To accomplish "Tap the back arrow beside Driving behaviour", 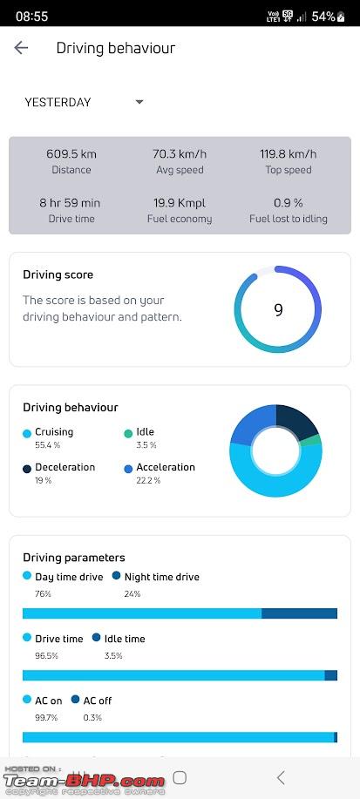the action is pyautogui.click(x=21, y=48).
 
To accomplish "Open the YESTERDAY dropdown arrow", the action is pyautogui.click(x=139, y=102).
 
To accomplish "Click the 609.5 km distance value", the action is pyautogui.click(x=71, y=154).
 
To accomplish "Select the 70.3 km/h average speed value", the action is pyautogui.click(x=180, y=154).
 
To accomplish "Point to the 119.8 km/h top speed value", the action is pyautogui.click(x=289, y=154).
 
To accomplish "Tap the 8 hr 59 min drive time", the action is pyautogui.click(x=70, y=203).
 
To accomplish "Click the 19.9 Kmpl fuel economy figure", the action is pyautogui.click(x=180, y=203).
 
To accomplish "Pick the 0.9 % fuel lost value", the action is pyautogui.click(x=289, y=203).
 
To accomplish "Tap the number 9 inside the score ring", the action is pyautogui.click(x=278, y=310).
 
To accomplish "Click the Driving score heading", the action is pyautogui.click(x=58, y=274).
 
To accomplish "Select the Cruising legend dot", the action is pyautogui.click(x=27, y=434).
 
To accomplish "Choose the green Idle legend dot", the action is pyautogui.click(x=128, y=434).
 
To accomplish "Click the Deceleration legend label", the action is pyautogui.click(x=65, y=467).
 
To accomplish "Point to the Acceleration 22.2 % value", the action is pyautogui.click(x=148, y=480).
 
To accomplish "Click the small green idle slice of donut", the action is pyautogui.click(x=317, y=440).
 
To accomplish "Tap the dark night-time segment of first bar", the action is pyautogui.click(x=299, y=613).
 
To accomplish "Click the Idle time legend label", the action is pyautogui.click(x=125, y=639).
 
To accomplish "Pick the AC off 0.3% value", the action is pyautogui.click(x=92, y=717).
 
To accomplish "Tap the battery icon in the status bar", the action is pyautogui.click(x=341, y=17).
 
